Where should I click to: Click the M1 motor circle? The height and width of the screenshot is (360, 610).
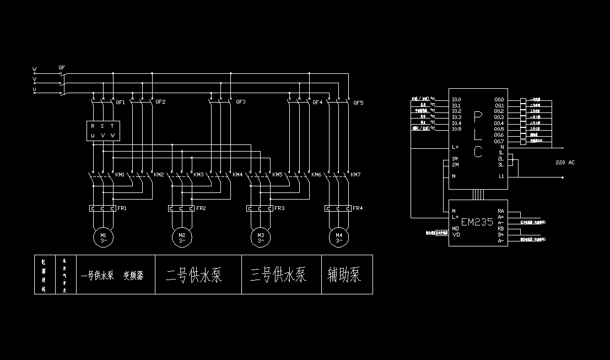[x=103, y=238]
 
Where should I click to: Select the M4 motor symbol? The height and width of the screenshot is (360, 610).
[x=339, y=238]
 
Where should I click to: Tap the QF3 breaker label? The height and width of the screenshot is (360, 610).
[x=241, y=102]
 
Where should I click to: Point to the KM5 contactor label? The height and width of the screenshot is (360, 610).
[x=277, y=175]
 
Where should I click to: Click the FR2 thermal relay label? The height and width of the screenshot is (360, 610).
[x=201, y=208]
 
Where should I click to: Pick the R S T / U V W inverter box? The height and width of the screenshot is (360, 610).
[x=103, y=131]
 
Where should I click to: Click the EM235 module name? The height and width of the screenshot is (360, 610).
[x=477, y=222]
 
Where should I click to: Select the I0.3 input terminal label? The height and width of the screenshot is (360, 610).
[x=456, y=117]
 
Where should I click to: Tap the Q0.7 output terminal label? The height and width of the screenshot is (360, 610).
[x=499, y=141]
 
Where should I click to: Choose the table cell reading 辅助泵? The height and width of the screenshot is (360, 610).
[x=344, y=275]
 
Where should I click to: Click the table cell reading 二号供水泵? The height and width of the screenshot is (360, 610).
[x=195, y=275]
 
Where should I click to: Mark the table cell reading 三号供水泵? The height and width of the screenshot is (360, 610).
[x=278, y=275]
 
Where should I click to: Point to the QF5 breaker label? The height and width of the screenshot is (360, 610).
[x=358, y=103]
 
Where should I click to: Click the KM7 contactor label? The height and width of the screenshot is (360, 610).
[x=355, y=175]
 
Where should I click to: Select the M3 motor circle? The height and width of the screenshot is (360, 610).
[x=261, y=238]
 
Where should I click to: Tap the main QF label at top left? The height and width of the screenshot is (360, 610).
[x=62, y=68]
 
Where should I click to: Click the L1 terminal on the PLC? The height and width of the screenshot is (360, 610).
[x=501, y=176]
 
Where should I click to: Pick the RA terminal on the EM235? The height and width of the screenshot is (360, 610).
[x=501, y=211]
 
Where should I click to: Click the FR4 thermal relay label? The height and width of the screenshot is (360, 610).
[x=358, y=208]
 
